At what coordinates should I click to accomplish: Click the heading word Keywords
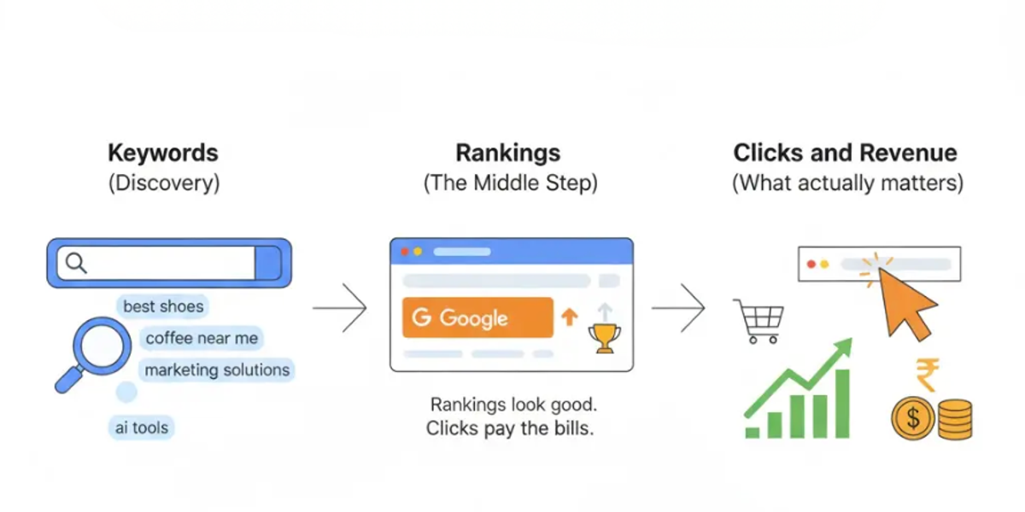[163, 154]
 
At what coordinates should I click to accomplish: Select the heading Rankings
[508, 154]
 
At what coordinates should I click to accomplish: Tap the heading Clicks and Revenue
[845, 154]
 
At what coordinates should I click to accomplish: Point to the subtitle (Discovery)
[163, 183]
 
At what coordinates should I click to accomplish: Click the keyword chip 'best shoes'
[163, 306]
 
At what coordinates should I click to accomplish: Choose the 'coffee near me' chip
[202, 339]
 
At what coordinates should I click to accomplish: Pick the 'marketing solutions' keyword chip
[217, 370]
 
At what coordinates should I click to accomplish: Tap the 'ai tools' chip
[143, 428]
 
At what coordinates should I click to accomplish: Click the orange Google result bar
[477, 318]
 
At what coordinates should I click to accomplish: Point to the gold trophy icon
[605, 339]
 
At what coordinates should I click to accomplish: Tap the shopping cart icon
[758, 320]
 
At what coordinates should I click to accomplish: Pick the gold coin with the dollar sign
[913, 418]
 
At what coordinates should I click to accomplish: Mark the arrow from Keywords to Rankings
[340, 306]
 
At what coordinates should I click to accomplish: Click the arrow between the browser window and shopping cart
[679, 306]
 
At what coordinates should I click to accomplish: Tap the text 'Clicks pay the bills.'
[510, 428]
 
